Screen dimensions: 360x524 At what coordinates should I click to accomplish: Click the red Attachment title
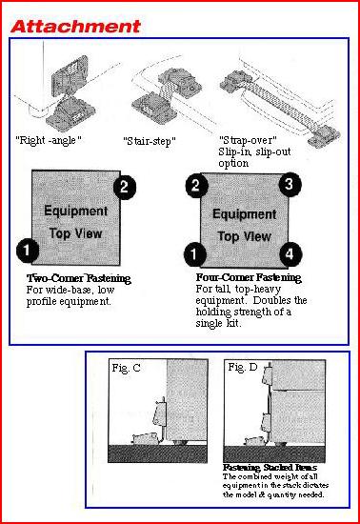point(75,27)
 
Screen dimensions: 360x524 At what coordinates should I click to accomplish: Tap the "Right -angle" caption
point(49,140)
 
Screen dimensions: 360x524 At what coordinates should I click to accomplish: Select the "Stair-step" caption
point(150,141)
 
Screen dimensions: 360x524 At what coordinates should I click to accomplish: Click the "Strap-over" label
point(248,140)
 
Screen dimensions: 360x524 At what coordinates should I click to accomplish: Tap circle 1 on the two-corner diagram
point(28,251)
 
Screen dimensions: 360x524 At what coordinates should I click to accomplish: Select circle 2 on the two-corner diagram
point(125,187)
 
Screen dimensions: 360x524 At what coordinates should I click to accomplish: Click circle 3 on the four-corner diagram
point(290,184)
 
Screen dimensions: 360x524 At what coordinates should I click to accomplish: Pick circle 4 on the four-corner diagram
point(290,254)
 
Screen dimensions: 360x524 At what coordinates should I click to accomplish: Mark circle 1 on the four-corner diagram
point(194,254)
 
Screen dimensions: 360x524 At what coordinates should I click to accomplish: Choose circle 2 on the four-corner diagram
point(197,185)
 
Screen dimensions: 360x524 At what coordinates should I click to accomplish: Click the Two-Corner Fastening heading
point(78,278)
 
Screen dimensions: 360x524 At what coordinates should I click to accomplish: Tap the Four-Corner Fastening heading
point(249,277)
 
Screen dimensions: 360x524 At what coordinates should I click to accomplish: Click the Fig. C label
point(126,368)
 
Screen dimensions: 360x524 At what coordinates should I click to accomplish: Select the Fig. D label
point(243,367)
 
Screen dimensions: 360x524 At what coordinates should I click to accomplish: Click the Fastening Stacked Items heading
point(270,467)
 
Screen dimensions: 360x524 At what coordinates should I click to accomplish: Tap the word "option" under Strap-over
point(233,164)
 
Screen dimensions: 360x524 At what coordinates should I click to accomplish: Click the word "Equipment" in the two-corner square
point(76,212)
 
